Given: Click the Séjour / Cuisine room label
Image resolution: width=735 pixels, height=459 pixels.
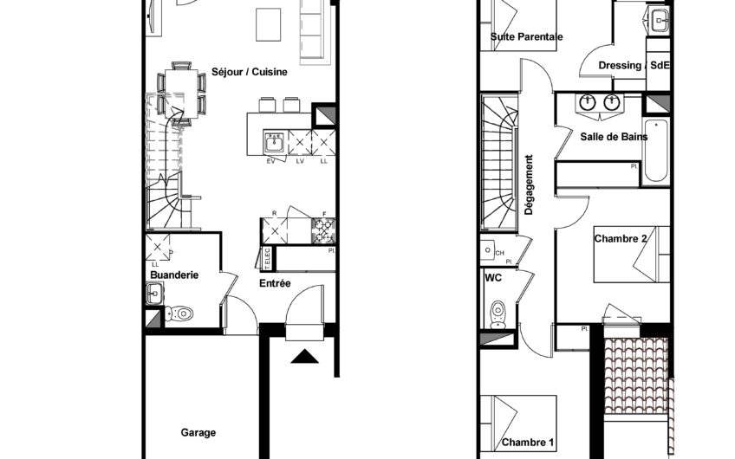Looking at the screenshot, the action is (x=250, y=72).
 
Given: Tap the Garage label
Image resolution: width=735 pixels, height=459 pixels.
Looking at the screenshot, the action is (x=198, y=433).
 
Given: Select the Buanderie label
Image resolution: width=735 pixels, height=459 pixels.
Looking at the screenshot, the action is (x=174, y=275).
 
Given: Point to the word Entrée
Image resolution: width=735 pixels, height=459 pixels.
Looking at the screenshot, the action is (x=275, y=283).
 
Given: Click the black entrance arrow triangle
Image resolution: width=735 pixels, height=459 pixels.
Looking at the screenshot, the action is (x=305, y=357).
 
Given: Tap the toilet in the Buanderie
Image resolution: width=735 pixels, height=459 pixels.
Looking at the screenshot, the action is (x=179, y=313).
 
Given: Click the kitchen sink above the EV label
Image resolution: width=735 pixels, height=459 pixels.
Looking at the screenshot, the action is (x=274, y=142).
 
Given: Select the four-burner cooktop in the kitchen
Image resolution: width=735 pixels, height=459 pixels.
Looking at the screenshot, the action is (x=323, y=230).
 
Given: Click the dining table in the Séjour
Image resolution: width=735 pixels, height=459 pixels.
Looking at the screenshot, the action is (x=181, y=94).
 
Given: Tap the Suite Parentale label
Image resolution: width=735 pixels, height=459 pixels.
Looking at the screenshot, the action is (x=526, y=36).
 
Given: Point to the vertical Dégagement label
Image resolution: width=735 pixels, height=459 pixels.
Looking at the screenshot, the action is (x=530, y=185).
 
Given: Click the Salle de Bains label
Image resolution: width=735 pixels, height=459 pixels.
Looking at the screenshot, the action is (x=614, y=137).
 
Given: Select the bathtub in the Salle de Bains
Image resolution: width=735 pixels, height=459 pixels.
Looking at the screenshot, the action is (x=656, y=152).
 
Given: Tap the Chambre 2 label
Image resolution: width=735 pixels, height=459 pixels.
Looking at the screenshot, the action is (x=621, y=239).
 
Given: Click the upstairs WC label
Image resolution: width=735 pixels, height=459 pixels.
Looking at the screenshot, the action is (x=493, y=278).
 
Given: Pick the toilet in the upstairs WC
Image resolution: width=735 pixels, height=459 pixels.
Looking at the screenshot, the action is (x=498, y=314).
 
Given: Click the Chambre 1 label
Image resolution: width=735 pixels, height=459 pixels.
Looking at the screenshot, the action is (x=528, y=443).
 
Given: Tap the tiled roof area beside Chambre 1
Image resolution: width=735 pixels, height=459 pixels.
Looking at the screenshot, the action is (x=636, y=376).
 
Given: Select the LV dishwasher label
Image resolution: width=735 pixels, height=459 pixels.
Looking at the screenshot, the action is (x=300, y=161).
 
